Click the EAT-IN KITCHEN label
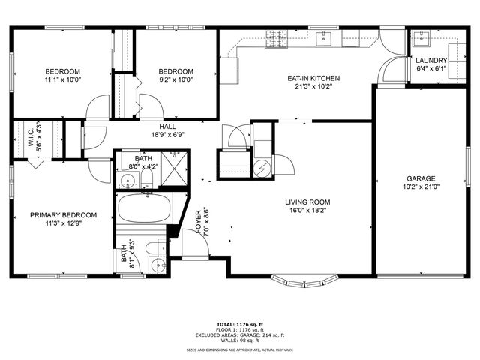pyautogui.click(x=313, y=78)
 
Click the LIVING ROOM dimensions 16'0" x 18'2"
pyautogui.click(x=307, y=211)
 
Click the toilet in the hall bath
pyautogui.click(x=147, y=180)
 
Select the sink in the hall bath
pyautogui.click(x=127, y=181)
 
